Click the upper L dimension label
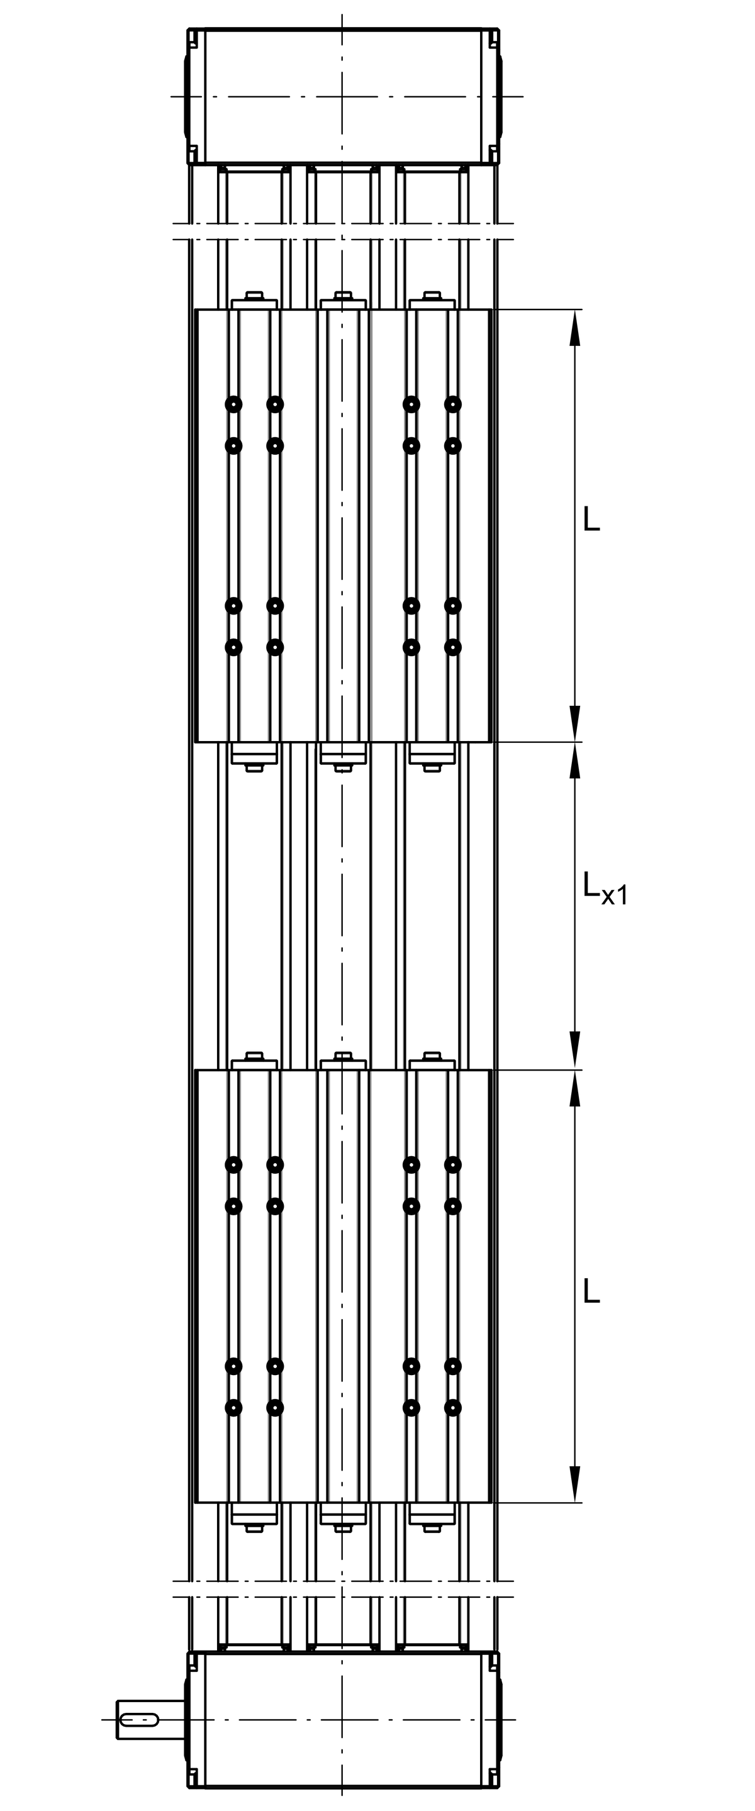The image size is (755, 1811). pyautogui.click(x=591, y=518)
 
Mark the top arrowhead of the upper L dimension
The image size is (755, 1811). pyautogui.click(x=575, y=328)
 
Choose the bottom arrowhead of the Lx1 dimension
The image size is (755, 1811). pyautogui.click(x=575, y=1051)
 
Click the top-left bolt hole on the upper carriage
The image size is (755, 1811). pyautogui.click(x=233, y=404)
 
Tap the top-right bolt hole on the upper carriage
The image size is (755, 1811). pyautogui.click(x=454, y=404)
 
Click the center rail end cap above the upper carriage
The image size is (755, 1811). pyautogui.click(x=343, y=300)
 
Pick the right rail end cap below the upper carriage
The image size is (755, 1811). pyautogui.click(x=432, y=757)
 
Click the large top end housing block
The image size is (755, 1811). pyautogui.click(x=343, y=96)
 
